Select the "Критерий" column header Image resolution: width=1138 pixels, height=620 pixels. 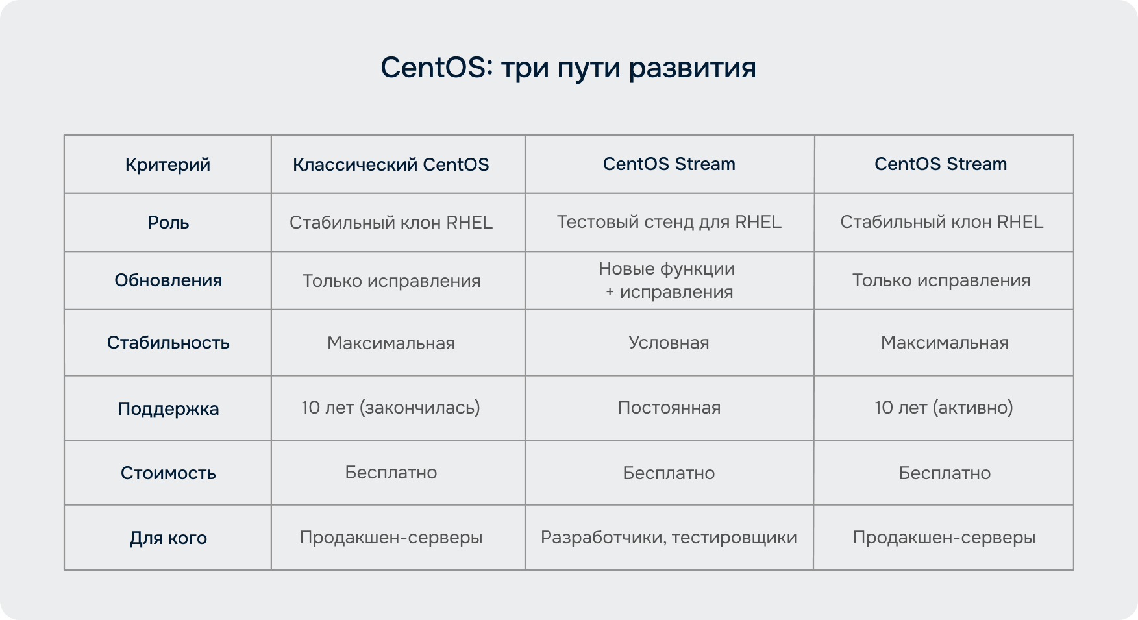coord(167,165)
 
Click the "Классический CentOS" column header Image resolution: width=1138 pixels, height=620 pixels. coord(391,165)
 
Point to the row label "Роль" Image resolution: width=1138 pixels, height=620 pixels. coord(168,223)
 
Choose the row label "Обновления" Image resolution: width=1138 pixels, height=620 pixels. coord(168,280)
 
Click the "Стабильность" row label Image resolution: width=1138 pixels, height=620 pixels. coord(168,343)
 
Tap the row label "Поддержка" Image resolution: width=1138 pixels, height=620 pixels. coord(168,409)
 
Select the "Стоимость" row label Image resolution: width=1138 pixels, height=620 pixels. coord(168,473)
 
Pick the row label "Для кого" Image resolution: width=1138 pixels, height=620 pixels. coord(168,538)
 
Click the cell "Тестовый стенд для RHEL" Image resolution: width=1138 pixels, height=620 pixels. coord(669,222)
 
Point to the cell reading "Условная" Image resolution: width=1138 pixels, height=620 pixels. coord(669,343)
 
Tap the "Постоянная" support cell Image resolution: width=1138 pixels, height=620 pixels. coord(669,408)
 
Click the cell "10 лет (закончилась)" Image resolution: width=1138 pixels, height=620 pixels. coord(391,408)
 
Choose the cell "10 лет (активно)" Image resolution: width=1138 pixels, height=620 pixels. coord(944,408)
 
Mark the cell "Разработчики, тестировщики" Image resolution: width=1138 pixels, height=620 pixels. coord(669,538)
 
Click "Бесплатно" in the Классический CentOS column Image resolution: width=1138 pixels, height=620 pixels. coord(391,473)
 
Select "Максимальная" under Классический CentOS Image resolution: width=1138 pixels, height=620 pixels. coord(391,343)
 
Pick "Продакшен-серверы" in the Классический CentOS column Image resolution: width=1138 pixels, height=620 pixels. coord(391,538)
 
